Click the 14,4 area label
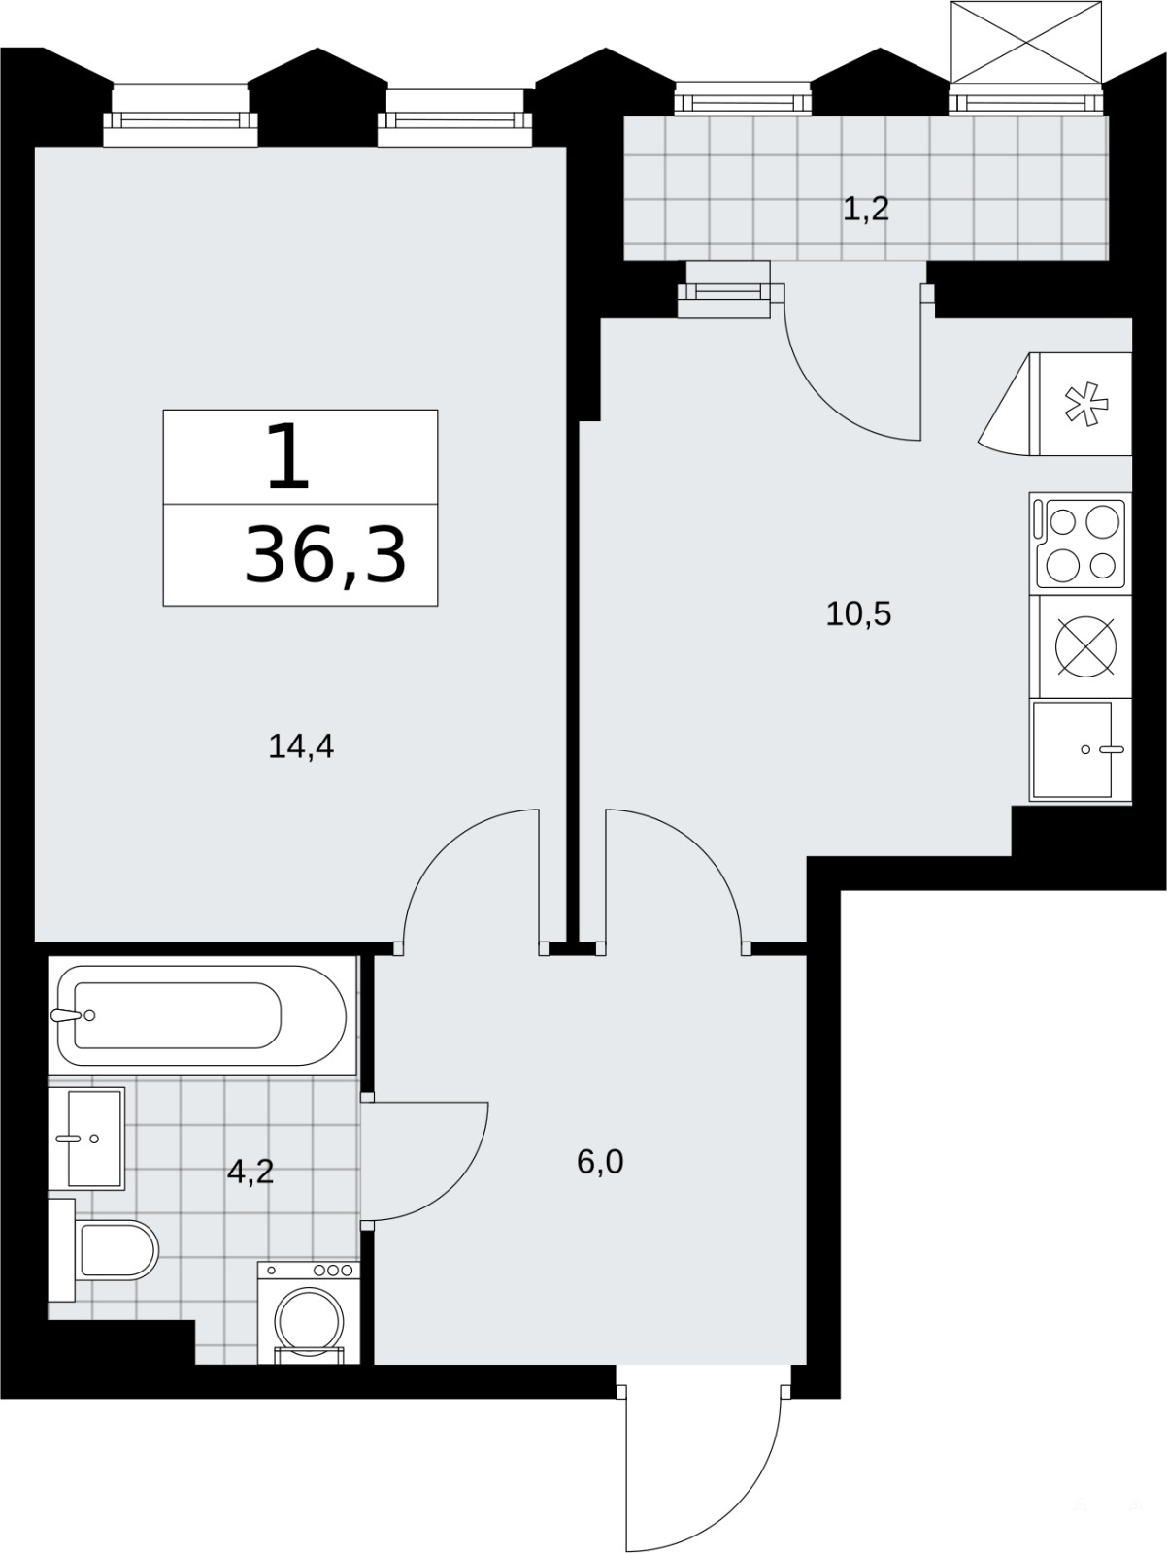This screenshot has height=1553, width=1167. pos(301,746)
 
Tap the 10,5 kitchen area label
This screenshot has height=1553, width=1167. pos(858,613)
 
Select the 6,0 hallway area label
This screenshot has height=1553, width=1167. pos(600,1163)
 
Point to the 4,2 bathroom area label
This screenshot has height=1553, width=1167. pos(250,1173)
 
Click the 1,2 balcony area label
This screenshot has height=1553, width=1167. pos(865,209)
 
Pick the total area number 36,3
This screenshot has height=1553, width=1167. pos(325,555)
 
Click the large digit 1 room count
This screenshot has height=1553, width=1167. pos(289,456)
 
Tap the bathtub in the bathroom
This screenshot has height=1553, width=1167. pos(202,1016)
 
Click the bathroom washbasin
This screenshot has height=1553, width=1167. pos(86,1139)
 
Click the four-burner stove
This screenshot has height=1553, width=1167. pos(1081,544)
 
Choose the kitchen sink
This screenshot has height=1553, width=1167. pos(1081,750)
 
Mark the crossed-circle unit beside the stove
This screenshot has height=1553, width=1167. pos(1085,646)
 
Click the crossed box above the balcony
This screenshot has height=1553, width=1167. pos(1026,43)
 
